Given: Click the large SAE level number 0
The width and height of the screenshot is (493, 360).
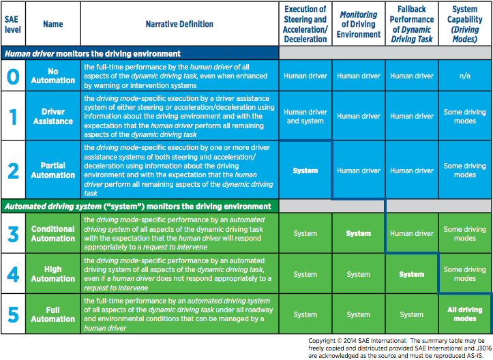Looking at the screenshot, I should [13, 76].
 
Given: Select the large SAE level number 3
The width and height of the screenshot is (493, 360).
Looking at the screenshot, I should [13, 233].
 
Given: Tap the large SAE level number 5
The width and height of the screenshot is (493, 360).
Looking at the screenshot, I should [13, 314].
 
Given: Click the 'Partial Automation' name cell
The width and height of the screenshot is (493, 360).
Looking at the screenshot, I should [53, 170].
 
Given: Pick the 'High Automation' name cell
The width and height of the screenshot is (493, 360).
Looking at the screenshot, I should [53, 274].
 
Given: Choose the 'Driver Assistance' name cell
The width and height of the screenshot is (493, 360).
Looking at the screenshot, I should [53, 116].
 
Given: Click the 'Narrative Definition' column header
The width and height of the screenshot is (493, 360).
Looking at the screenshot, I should [179, 24].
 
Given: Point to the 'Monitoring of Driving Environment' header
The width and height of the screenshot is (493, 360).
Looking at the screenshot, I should [359, 24].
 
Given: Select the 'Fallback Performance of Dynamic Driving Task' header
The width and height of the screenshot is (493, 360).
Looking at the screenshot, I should [411, 24].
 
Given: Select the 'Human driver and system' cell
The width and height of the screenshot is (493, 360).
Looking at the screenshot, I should [305, 116].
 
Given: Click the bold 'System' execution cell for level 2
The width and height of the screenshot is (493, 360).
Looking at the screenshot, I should [305, 170].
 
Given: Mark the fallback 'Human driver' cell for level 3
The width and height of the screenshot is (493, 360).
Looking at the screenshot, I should [411, 233].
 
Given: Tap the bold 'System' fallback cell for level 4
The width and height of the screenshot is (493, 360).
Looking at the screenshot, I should [411, 274].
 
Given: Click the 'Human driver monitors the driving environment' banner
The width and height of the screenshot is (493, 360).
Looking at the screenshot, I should [92, 53].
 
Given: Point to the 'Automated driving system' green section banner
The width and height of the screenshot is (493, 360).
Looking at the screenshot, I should [136, 206].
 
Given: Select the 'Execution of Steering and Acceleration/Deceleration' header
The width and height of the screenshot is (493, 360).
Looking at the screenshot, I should [305, 24].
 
